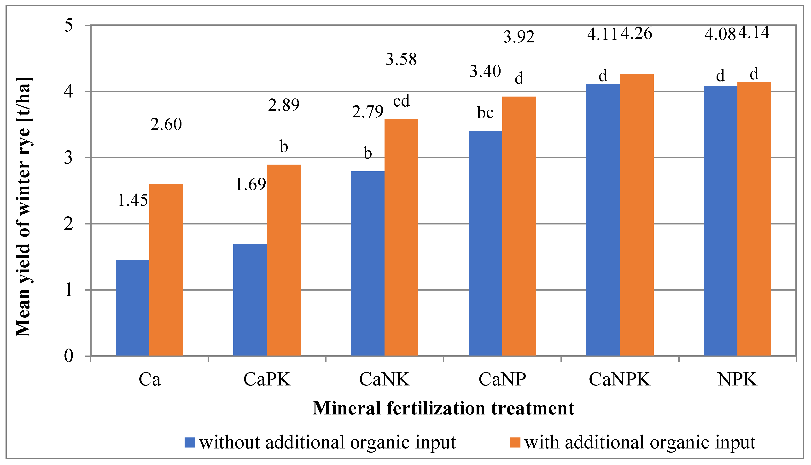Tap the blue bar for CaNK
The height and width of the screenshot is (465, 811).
[368, 264]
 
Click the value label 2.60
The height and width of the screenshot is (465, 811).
[166, 124]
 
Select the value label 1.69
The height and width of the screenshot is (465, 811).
[251, 184]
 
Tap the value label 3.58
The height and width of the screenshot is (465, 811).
[401, 59]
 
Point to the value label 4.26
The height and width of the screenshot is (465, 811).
[636, 34]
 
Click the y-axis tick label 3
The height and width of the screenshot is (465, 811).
[68, 157]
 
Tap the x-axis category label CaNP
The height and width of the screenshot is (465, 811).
[502, 380]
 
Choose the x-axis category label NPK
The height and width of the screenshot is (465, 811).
[737, 380]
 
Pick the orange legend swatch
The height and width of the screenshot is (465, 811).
[515, 442]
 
